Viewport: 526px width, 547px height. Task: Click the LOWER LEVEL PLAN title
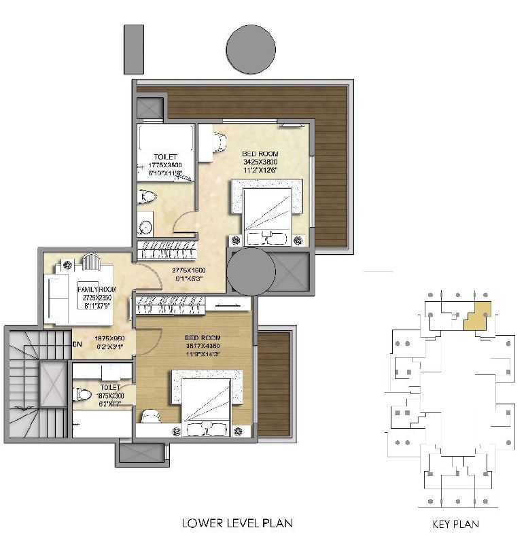coord(237,523)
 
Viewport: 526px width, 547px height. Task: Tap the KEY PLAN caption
coord(455,524)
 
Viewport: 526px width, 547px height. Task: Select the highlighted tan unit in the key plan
coord(478,317)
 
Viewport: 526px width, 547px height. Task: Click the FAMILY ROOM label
coord(97,289)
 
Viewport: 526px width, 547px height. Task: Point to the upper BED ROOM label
coord(260,154)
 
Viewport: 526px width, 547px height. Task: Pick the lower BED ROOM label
coord(203,337)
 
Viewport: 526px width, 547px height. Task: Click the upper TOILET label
coord(165,157)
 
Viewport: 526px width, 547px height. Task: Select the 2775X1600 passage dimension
coord(187,270)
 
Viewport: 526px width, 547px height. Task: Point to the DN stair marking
coord(77,344)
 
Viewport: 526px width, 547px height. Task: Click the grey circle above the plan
coord(250,49)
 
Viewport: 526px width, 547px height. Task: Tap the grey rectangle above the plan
coord(133,49)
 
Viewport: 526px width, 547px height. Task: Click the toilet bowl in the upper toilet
coord(147,197)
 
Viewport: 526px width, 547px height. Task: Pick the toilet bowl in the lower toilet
coord(83,394)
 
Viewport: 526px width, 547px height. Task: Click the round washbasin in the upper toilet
coord(145,226)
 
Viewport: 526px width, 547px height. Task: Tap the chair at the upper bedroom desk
coord(218,143)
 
